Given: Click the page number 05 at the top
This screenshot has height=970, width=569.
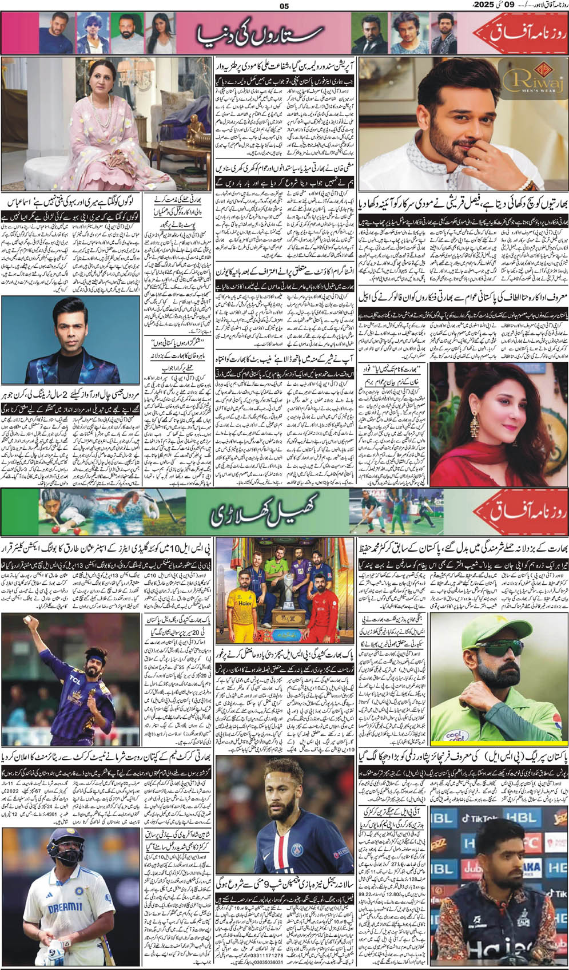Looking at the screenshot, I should (284, 6).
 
